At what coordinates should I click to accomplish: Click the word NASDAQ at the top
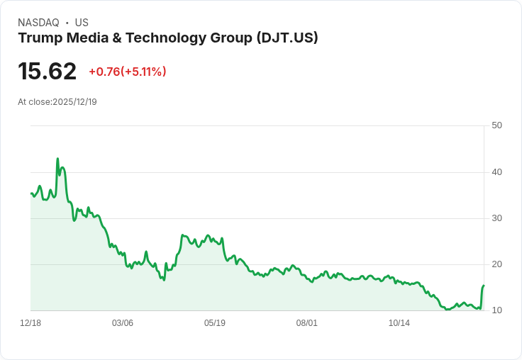point(38,23)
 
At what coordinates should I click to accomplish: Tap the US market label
point(82,23)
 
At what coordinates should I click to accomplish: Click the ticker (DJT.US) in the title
point(287,38)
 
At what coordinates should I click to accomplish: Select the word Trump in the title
point(39,38)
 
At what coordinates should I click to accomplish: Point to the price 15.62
point(47,72)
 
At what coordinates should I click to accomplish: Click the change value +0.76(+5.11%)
point(128,72)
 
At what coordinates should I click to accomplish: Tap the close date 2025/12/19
point(74,102)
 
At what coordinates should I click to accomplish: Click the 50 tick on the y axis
point(497,125)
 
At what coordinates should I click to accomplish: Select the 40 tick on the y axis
point(497,171)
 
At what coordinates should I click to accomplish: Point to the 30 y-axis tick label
point(497,218)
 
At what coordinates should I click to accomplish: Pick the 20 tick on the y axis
point(497,264)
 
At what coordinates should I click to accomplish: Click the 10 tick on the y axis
point(497,310)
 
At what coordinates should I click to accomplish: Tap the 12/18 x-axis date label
point(30,323)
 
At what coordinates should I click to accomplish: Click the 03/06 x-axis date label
point(123,323)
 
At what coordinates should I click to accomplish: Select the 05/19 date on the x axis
point(215,323)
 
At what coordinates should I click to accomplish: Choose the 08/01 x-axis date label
point(307,323)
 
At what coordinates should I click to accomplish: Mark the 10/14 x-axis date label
point(399,323)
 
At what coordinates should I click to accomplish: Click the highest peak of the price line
point(57,159)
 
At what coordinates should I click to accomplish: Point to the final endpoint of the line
point(484,286)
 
